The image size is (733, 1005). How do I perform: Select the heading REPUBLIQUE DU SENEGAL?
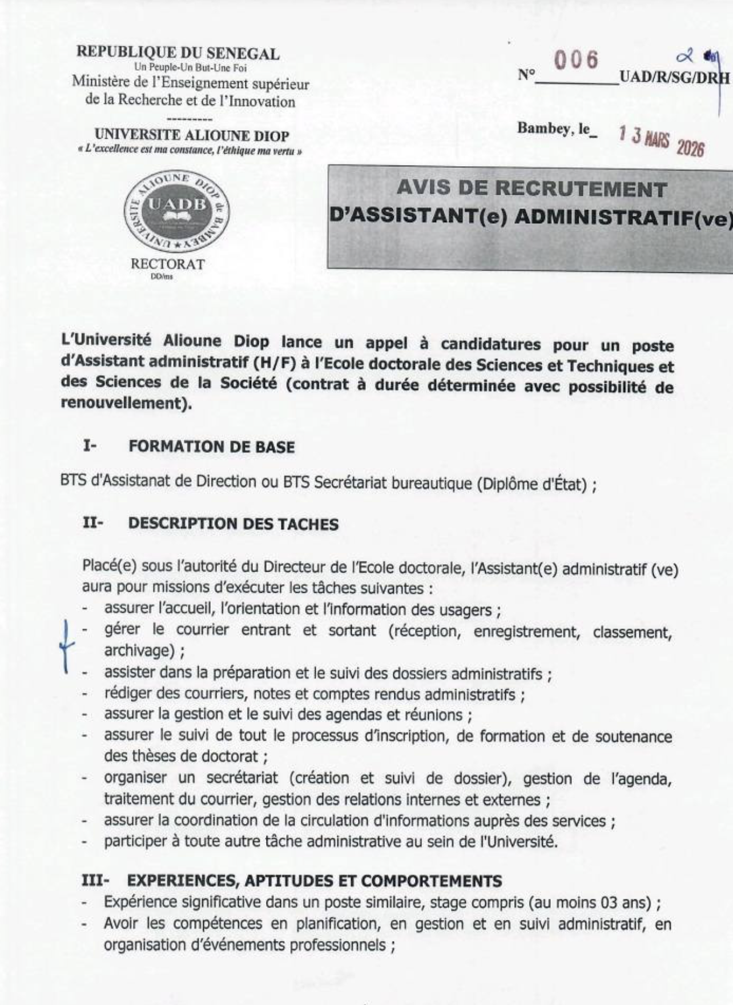[178, 53]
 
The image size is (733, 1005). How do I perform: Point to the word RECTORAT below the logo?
[167, 264]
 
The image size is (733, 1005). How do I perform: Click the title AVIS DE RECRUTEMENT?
[531, 188]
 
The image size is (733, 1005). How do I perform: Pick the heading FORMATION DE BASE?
[211, 447]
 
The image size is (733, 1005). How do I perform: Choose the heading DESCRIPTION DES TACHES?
[233, 524]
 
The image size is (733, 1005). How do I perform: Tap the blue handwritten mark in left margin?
[67, 645]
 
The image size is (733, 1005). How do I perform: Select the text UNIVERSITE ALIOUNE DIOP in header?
[192, 135]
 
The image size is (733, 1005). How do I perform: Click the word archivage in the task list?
[136, 650]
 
